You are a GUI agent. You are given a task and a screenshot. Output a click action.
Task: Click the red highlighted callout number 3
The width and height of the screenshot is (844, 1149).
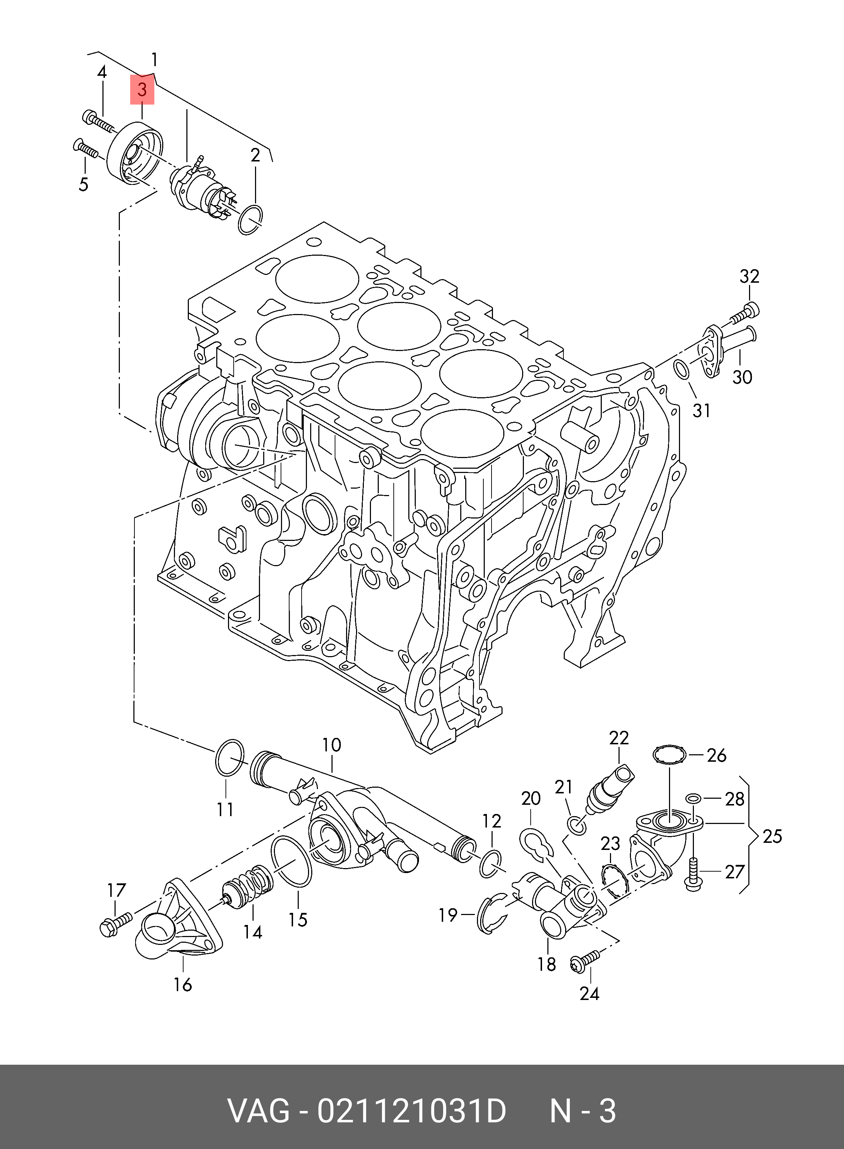(142, 90)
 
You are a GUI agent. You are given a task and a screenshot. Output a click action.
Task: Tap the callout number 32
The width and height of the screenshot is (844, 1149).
(749, 276)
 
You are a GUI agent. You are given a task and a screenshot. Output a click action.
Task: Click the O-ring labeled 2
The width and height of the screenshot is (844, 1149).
(250, 220)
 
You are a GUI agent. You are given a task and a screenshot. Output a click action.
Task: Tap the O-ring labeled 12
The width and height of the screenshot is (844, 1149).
(491, 863)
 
